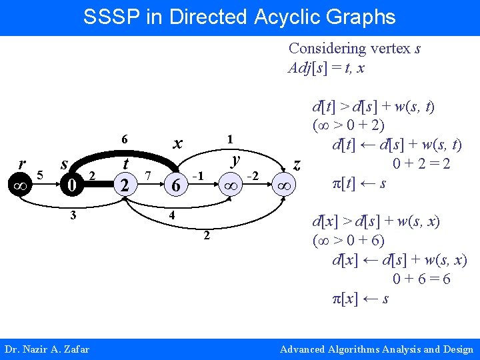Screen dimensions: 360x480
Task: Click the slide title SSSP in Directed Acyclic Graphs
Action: coord(239,17)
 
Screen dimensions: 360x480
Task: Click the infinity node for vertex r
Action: coord(21,186)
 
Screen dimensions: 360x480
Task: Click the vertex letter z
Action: coord(297,164)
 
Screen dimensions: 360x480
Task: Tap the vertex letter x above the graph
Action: coord(177,142)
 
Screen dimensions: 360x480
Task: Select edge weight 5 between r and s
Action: coord(40,175)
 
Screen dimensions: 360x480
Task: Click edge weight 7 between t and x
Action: coord(147,175)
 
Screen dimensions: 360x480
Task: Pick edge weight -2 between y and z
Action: coord(253,175)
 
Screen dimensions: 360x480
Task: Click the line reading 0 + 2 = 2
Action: coord(422,163)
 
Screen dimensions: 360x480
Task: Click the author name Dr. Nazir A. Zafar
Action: coord(47,349)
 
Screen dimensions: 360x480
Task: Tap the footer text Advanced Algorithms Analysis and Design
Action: coord(376,349)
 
